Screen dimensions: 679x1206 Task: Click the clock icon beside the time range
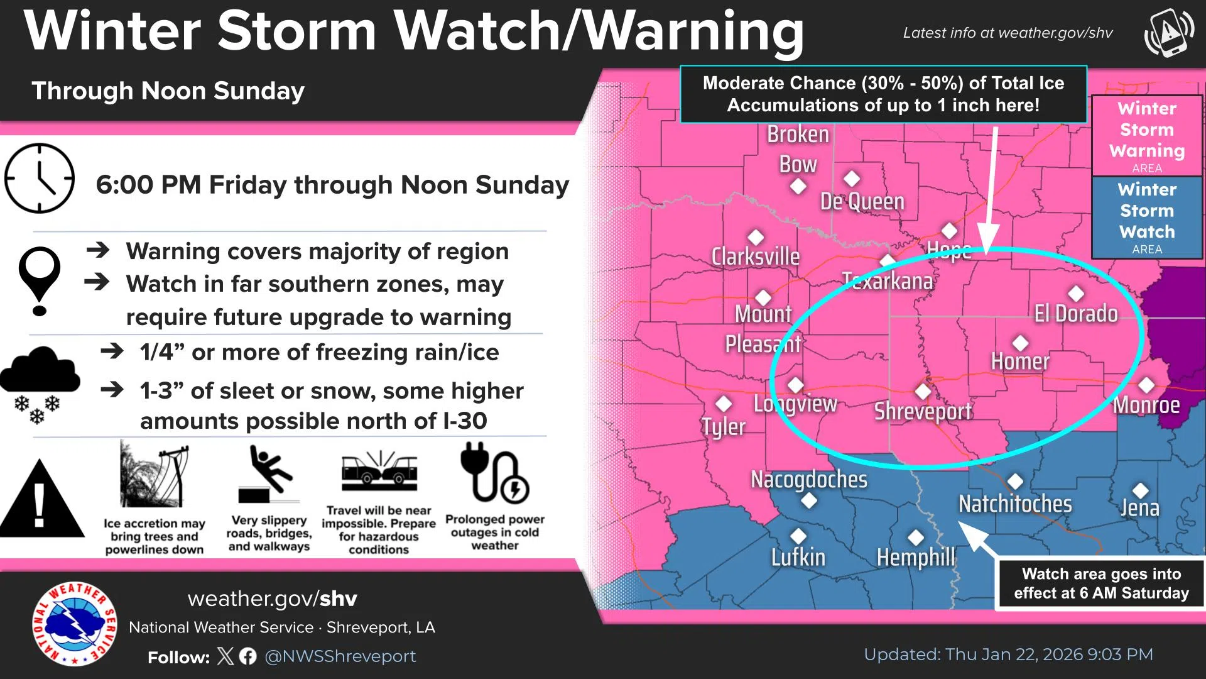click(40, 179)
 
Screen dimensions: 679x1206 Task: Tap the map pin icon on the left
click(40, 280)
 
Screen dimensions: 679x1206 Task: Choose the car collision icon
click(379, 472)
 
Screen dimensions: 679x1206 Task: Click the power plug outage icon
click(494, 473)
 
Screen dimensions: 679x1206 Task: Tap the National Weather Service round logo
click(75, 624)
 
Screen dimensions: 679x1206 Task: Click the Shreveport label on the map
click(923, 411)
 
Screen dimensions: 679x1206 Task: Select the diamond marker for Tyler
click(724, 404)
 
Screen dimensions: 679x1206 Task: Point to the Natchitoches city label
click(1015, 504)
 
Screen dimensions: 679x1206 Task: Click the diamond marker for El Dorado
click(1076, 293)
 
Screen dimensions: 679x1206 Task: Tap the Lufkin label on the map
click(798, 557)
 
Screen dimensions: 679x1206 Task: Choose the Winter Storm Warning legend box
click(1147, 136)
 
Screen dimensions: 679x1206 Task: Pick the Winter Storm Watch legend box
click(1147, 218)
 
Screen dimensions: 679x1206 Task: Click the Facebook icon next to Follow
click(248, 656)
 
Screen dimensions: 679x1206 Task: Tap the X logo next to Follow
click(225, 656)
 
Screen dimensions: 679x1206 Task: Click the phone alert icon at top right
click(1169, 32)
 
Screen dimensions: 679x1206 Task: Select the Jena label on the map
click(1140, 507)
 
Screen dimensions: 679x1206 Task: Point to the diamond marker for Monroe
click(1146, 385)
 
